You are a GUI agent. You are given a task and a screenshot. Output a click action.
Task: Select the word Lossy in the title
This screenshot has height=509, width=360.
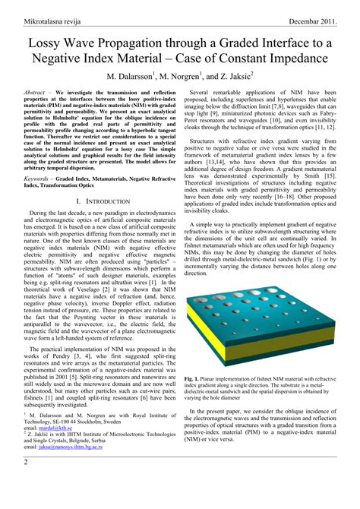coord(46,46)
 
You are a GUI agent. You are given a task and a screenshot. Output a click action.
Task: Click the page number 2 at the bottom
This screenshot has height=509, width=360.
coord(25,483)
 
